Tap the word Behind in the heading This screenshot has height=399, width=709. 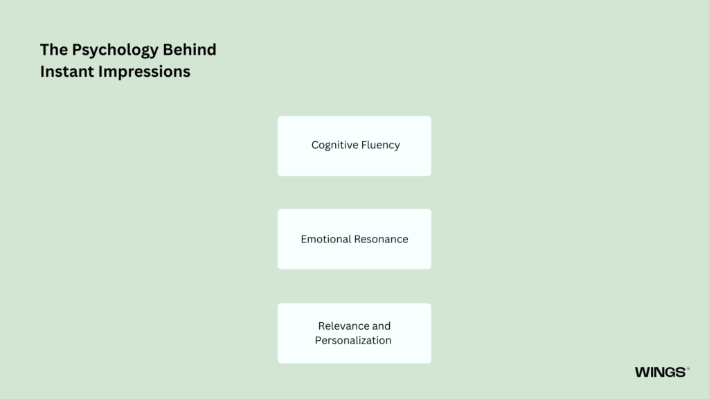[190, 49]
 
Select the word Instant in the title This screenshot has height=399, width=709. [67, 71]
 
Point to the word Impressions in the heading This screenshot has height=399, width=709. [144, 72]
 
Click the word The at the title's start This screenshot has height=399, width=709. [54, 49]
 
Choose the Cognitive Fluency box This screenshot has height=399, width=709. [354, 146]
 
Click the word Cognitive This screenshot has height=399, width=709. [334, 145]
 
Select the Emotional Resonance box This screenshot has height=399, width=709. [354, 239]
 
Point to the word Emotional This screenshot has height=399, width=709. [326, 239]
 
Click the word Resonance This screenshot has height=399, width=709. [382, 239]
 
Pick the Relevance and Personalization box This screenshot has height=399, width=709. [354, 333]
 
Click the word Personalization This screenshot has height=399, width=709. [353, 340]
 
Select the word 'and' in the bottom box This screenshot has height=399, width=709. [382, 326]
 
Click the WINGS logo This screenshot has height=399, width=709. [662, 372]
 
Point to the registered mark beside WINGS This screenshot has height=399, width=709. [688, 369]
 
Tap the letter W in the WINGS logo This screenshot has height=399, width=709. [642, 372]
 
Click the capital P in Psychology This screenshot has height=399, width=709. [76, 49]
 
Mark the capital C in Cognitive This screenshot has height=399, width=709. [315, 145]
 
